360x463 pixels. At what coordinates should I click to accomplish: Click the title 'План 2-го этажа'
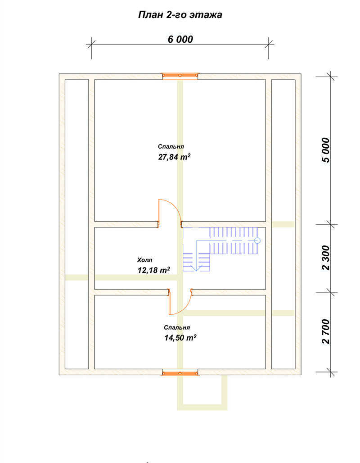(x=180, y=15)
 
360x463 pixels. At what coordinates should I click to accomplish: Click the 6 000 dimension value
(x=180, y=39)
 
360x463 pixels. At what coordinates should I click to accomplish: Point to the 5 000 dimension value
(x=326, y=150)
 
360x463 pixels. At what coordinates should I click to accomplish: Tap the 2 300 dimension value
(x=326, y=258)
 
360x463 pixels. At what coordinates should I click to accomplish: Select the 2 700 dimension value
(x=326, y=331)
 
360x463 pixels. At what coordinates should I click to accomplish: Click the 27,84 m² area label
(x=174, y=157)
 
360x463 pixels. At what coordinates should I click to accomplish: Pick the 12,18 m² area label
(x=153, y=270)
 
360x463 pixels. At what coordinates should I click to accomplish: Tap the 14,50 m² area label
(x=180, y=337)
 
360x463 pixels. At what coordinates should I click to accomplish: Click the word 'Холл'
(x=144, y=260)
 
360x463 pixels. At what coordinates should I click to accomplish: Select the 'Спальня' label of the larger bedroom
(x=171, y=147)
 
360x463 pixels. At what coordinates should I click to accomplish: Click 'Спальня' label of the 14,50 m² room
(x=177, y=328)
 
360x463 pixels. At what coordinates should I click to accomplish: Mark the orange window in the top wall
(x=180, y=76)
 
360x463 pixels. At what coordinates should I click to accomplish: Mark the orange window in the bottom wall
(x=180, y=372)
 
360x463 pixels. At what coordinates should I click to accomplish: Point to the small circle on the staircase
(x=257, y=241)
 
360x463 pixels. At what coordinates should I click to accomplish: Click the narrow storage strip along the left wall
(x=76, y=224)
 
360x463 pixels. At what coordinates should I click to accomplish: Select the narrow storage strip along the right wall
(x=283, y=224)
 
